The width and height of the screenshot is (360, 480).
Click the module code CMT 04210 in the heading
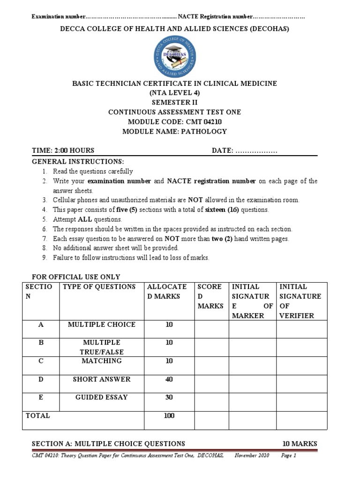pyautogui.click(x=204, y=122)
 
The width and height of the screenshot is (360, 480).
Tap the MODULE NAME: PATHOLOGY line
pyautogui.click(x=174, y=132)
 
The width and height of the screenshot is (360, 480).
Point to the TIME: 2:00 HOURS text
pyautogui.click(x=63, y=150)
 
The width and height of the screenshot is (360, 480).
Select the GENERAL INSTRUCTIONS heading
pyautogui.click(x=78, y=161)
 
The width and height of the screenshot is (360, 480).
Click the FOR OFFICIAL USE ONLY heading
pyautogui.click(x=75, y=277)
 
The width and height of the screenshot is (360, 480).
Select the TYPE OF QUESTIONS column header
pyautogui.click(x=99, y=287)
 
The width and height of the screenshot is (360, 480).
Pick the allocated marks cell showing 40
pyautogui.click(x=169, y=379)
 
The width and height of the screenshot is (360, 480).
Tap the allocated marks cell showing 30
pyautogui.click(x=169, y=397)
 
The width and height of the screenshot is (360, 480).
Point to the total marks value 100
pyautogui.click(x=169, y=416)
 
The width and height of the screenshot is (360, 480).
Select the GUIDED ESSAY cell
pyautogui.click(x=101, y=397)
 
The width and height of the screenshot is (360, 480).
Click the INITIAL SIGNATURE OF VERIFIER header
pyautogui.click(x=300, y=301)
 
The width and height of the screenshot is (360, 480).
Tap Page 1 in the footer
pyautogui.click(x=289, y=455)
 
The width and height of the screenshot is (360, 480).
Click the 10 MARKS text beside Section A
pyautogui.click(x=300, y=443)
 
